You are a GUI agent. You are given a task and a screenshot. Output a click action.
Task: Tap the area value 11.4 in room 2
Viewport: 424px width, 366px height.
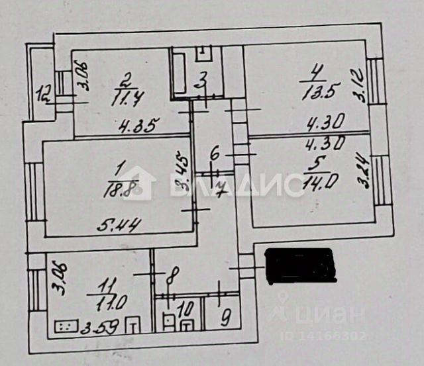point(124,101)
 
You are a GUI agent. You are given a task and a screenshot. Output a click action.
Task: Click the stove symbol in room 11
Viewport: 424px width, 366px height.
point(65,326)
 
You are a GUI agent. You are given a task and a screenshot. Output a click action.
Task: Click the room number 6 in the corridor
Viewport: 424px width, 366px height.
point(214,154)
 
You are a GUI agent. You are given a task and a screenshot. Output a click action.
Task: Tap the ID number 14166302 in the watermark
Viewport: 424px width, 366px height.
point(332,336)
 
